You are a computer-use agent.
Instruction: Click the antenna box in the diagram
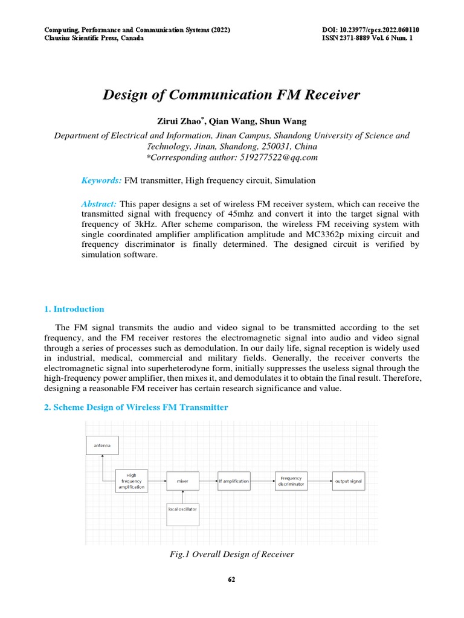tap(102, 445)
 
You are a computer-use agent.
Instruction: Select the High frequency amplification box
tap(131, 481)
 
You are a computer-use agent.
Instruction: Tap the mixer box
tap(182, 481)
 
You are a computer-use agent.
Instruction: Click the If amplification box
tap(234, 481)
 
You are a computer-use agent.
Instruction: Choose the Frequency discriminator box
tap(291, 481)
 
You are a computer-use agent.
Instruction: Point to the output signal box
tap(348, 481)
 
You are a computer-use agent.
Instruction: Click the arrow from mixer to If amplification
tap(208, 481)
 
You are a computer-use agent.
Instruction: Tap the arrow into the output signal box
tap(320, 481)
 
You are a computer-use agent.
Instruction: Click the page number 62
tap(231, 580)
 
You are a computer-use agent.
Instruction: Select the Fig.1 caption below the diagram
tap(232, 554)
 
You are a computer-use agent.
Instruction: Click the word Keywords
tap(101, 180)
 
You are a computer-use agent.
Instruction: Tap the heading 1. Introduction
tap(74, 309)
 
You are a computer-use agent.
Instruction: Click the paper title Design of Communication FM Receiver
tap(231, 95)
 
